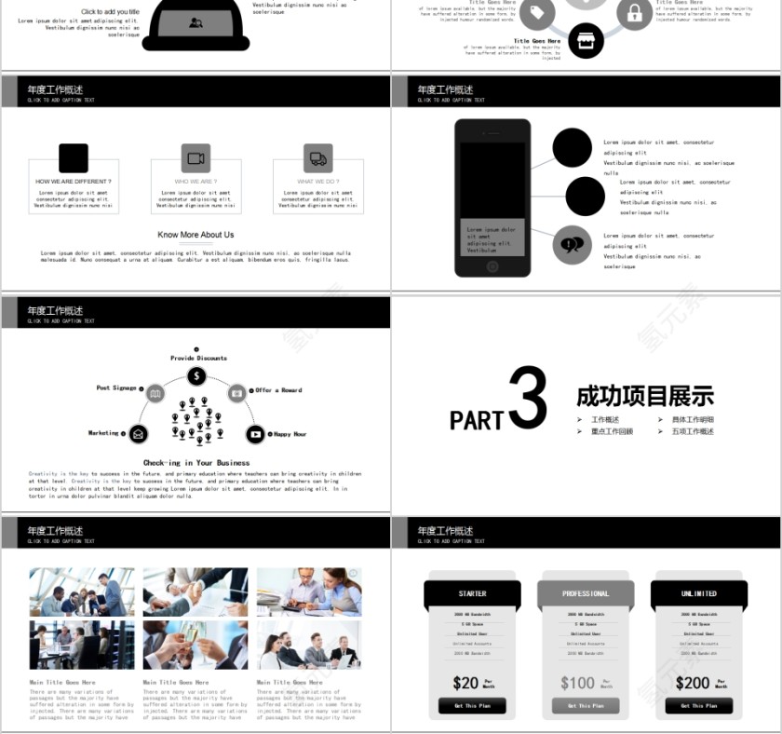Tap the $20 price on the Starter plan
(465, 683)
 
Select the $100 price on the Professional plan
(577, 683)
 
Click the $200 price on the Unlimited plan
(692, 683)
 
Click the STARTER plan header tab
(472, 593)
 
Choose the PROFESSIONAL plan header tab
(586, 593)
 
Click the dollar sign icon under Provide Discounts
(196, 375)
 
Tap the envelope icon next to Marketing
(138, 433)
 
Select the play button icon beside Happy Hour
(255, 434)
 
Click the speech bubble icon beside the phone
(573, 245)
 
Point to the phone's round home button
(492, 266)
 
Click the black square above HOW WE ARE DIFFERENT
(74, 158)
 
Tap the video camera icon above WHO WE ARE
(195, 158)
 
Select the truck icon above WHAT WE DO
(318, 158)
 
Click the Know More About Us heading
(195, 235)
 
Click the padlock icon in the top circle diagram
(634, 13)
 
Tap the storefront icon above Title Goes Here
(586, 41)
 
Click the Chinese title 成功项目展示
(645, 396)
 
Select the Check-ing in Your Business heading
(196, 462)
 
